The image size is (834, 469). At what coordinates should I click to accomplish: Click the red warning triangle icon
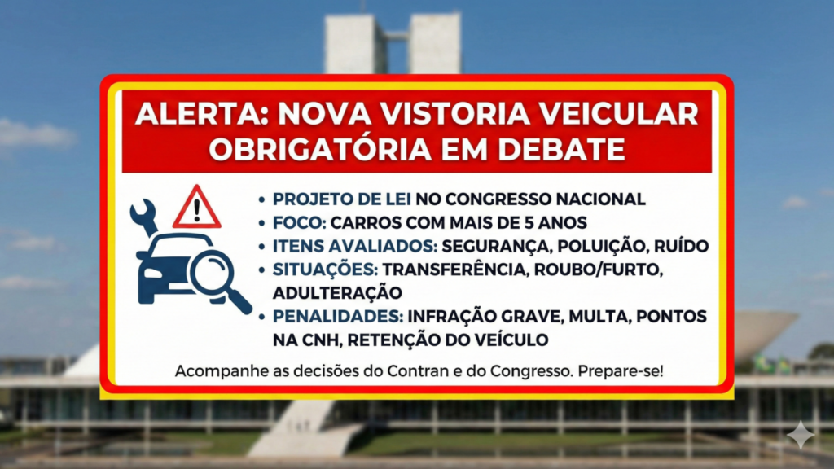coord(196,208)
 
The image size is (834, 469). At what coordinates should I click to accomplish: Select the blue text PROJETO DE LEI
coord(342,199)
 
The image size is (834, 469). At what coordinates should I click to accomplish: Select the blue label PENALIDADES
coord(336,315)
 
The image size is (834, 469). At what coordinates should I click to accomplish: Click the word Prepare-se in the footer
coord(622,372)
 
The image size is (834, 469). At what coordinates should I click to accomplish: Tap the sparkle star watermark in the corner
coord(801,435)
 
